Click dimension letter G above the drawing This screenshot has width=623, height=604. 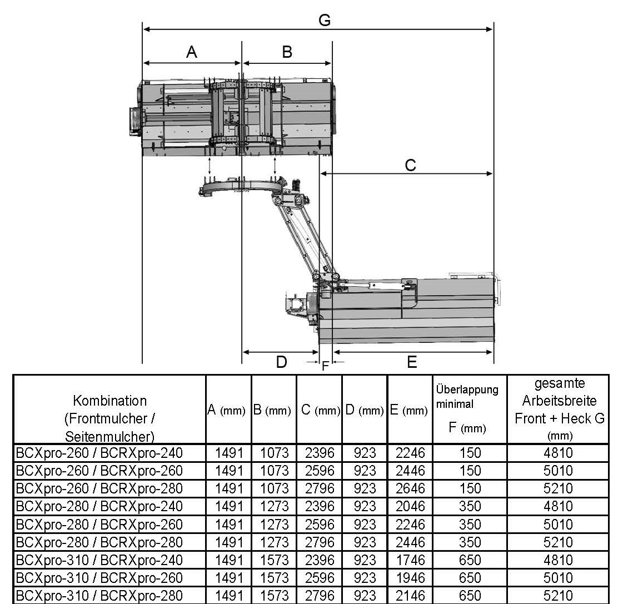(x=325, y=21)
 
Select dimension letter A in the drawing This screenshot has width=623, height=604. (x=192, y=52)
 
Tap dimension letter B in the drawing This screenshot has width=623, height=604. (x=287, y=52)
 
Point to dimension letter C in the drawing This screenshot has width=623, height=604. (x=410, y=165)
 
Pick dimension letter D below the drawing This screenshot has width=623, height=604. (x=282, y=362)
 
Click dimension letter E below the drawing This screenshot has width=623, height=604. (x=412, y=362)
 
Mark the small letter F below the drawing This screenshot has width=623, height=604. (x=325, y=367)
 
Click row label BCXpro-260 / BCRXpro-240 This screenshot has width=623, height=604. (x=99, y=453)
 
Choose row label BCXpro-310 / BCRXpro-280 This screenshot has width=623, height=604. (x=99, y=596)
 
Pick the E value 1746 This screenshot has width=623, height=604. (x=410, y=560)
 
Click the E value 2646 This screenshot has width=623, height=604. (x=410, y=488)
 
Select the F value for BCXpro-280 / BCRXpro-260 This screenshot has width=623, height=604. (x=470, y=525)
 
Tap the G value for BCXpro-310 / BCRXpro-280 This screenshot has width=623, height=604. (x=558, y=596)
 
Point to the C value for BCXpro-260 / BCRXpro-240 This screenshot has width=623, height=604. (x=320, y=453)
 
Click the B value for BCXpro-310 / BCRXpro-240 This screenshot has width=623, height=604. (x=275, y=560)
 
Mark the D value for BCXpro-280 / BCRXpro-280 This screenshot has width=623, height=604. (x=365, y=542)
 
